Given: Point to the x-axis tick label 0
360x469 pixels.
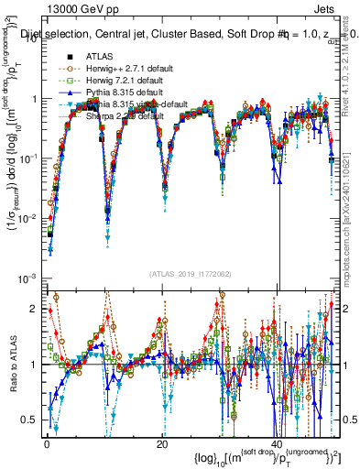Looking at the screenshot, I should [x=47, y=444].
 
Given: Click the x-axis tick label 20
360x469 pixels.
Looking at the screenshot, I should [x=162, y=444].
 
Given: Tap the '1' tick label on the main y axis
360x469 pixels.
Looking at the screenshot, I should [x=34, y=98].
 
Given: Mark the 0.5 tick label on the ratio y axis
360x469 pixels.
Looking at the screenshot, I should [x=29, y=420].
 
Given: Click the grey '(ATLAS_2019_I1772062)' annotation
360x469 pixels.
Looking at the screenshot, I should [x=190, y=273].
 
